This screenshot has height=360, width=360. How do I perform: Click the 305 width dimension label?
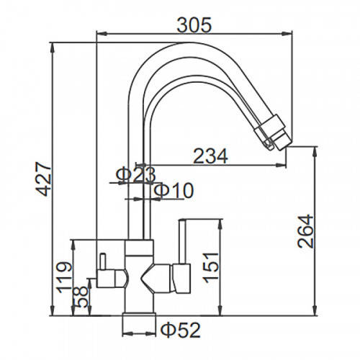[x=194, y=24]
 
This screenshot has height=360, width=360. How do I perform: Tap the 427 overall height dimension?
[x=44, y=179]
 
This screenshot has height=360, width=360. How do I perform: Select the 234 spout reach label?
[x=210, y=156]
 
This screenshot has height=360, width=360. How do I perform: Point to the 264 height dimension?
[x=305, y=231]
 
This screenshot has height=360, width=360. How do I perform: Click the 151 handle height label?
[x=211, y=267]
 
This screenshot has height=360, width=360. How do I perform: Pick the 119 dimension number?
[x=64, y=278]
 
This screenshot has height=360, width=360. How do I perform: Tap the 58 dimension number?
[x=81, y=297]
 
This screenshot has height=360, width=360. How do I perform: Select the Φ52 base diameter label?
[x=180, y=330]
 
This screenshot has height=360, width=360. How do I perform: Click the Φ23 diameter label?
[x=135, y=175]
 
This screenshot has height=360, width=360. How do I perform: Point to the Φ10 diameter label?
[x=174, y=190]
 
